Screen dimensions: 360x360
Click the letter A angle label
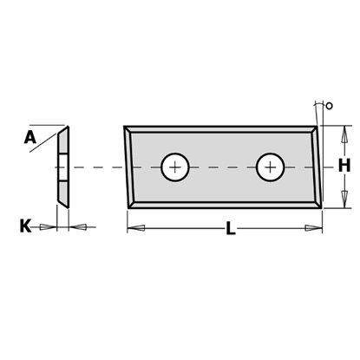tap(31, 136)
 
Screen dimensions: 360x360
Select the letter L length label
tap(230, 230)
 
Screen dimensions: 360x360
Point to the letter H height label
tap(344, 165)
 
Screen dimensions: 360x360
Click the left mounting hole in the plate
tap(175, 166)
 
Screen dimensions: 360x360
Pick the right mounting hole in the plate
tap(271, 166)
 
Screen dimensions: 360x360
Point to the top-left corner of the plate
tap(124, 128)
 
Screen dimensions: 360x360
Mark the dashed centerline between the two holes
tap(223, 166)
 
